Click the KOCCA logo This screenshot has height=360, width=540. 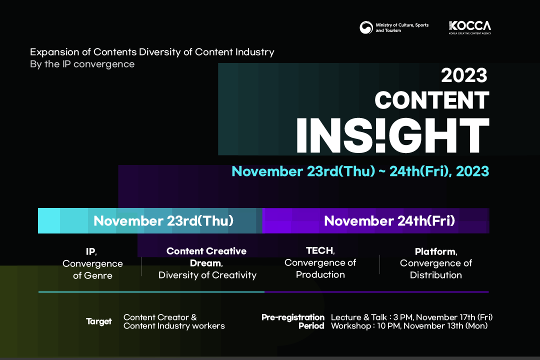469,27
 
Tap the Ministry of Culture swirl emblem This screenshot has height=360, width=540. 366,27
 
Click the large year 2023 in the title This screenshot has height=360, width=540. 464,75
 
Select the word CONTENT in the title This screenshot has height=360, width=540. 432,100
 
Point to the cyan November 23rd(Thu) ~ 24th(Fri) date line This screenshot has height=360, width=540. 360,171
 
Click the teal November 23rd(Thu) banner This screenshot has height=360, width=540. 150,221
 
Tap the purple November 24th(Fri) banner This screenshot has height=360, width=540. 375,221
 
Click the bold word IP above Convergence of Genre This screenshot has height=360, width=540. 91,251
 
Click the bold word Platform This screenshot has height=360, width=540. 436,252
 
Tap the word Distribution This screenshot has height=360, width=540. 435,275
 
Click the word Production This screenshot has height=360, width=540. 320,274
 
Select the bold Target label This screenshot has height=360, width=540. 99,321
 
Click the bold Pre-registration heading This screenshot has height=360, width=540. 292,317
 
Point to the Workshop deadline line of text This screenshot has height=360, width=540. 409,326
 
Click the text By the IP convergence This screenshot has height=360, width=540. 82,64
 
